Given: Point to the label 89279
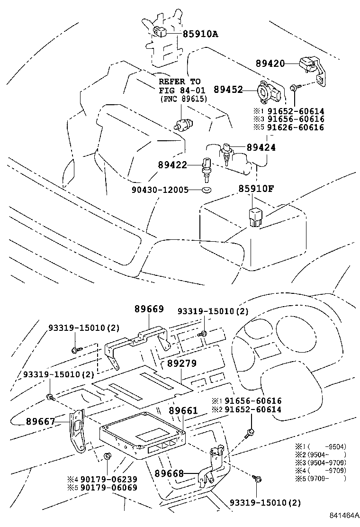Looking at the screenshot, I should [181, 363].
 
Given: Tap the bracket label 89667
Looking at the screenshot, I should [41, 420].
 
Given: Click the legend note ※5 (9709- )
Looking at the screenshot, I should [321, 478].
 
